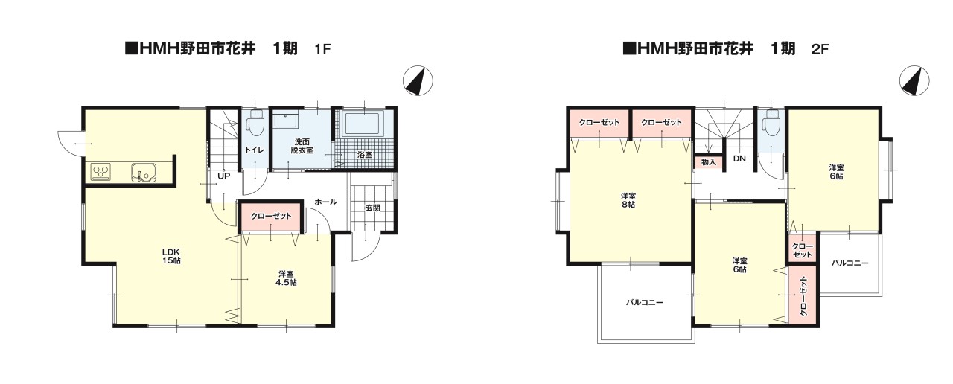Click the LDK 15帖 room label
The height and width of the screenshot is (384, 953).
(x=171, y=256)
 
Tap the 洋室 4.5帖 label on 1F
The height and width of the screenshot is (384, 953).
(x=287, y=278)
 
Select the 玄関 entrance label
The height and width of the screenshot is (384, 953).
(x=373, y=208)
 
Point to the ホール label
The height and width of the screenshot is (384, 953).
(x=326, y=202)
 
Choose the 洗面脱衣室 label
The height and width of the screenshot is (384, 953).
(x=302, y=146)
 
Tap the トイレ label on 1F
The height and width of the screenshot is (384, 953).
(x=255, y=150)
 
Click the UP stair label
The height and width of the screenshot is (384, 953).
(x=224, y=176)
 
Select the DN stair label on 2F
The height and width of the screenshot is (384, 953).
(x=739, y=159)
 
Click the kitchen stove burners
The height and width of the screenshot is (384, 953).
(x=101, y=172)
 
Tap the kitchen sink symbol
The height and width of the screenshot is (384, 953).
(x=144, y=173)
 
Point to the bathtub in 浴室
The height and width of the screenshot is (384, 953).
(x=362, y=123)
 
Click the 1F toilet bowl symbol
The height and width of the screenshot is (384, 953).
(x=255, y=123)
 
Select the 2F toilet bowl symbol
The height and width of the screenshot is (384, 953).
(x=771, y=124)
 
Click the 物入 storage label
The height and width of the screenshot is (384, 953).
(x=708, y=162)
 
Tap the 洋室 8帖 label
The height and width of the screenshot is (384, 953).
(x=628, y=200)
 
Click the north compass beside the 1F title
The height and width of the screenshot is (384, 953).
(x=418, y=80)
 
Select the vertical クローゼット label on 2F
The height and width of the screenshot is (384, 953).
(x=803, y=296)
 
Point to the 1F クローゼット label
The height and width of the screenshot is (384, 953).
(x=271, y=216)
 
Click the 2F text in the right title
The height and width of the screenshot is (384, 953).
(x=820, y=49)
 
